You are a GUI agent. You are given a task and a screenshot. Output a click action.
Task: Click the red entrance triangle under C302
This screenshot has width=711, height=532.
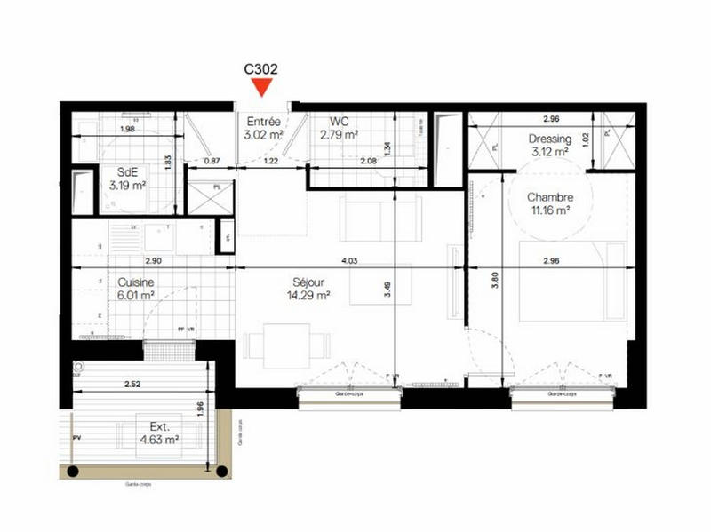[262, 86]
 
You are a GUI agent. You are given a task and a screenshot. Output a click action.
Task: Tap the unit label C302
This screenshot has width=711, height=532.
[262, 67]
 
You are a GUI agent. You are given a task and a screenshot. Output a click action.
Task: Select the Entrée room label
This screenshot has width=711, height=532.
[264, 122]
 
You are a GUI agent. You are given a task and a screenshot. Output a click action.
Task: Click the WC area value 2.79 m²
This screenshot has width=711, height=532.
[339, 135]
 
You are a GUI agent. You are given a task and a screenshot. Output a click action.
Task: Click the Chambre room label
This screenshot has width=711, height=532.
[547, 197]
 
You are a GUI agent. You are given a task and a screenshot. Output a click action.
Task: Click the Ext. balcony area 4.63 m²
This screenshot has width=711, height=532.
[159, 438]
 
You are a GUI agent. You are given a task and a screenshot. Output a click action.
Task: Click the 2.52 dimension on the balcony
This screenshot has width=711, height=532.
[134, 385]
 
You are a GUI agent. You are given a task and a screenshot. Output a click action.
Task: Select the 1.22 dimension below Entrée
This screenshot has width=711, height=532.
[271, 161]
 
